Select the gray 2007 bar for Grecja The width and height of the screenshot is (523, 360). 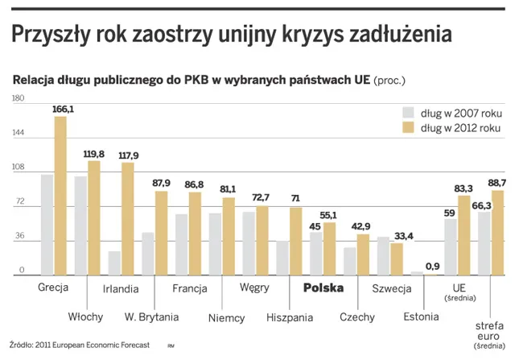(x=47, y=225)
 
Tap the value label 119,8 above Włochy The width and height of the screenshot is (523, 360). (x=94, y=154)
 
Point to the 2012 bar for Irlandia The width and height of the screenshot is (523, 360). (x=127, y=219)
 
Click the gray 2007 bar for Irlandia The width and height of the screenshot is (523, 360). (x=114, y=263)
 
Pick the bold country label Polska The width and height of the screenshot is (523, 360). (x=322, y=288)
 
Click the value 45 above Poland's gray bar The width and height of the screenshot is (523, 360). (x=315, y=226)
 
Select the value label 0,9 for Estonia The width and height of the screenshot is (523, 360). (x=432, y=266)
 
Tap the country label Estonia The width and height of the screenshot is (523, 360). (x=421, y=317)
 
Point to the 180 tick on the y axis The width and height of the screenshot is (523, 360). (x=18, y=98)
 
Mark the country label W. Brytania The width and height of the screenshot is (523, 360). (x=152, y=317)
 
